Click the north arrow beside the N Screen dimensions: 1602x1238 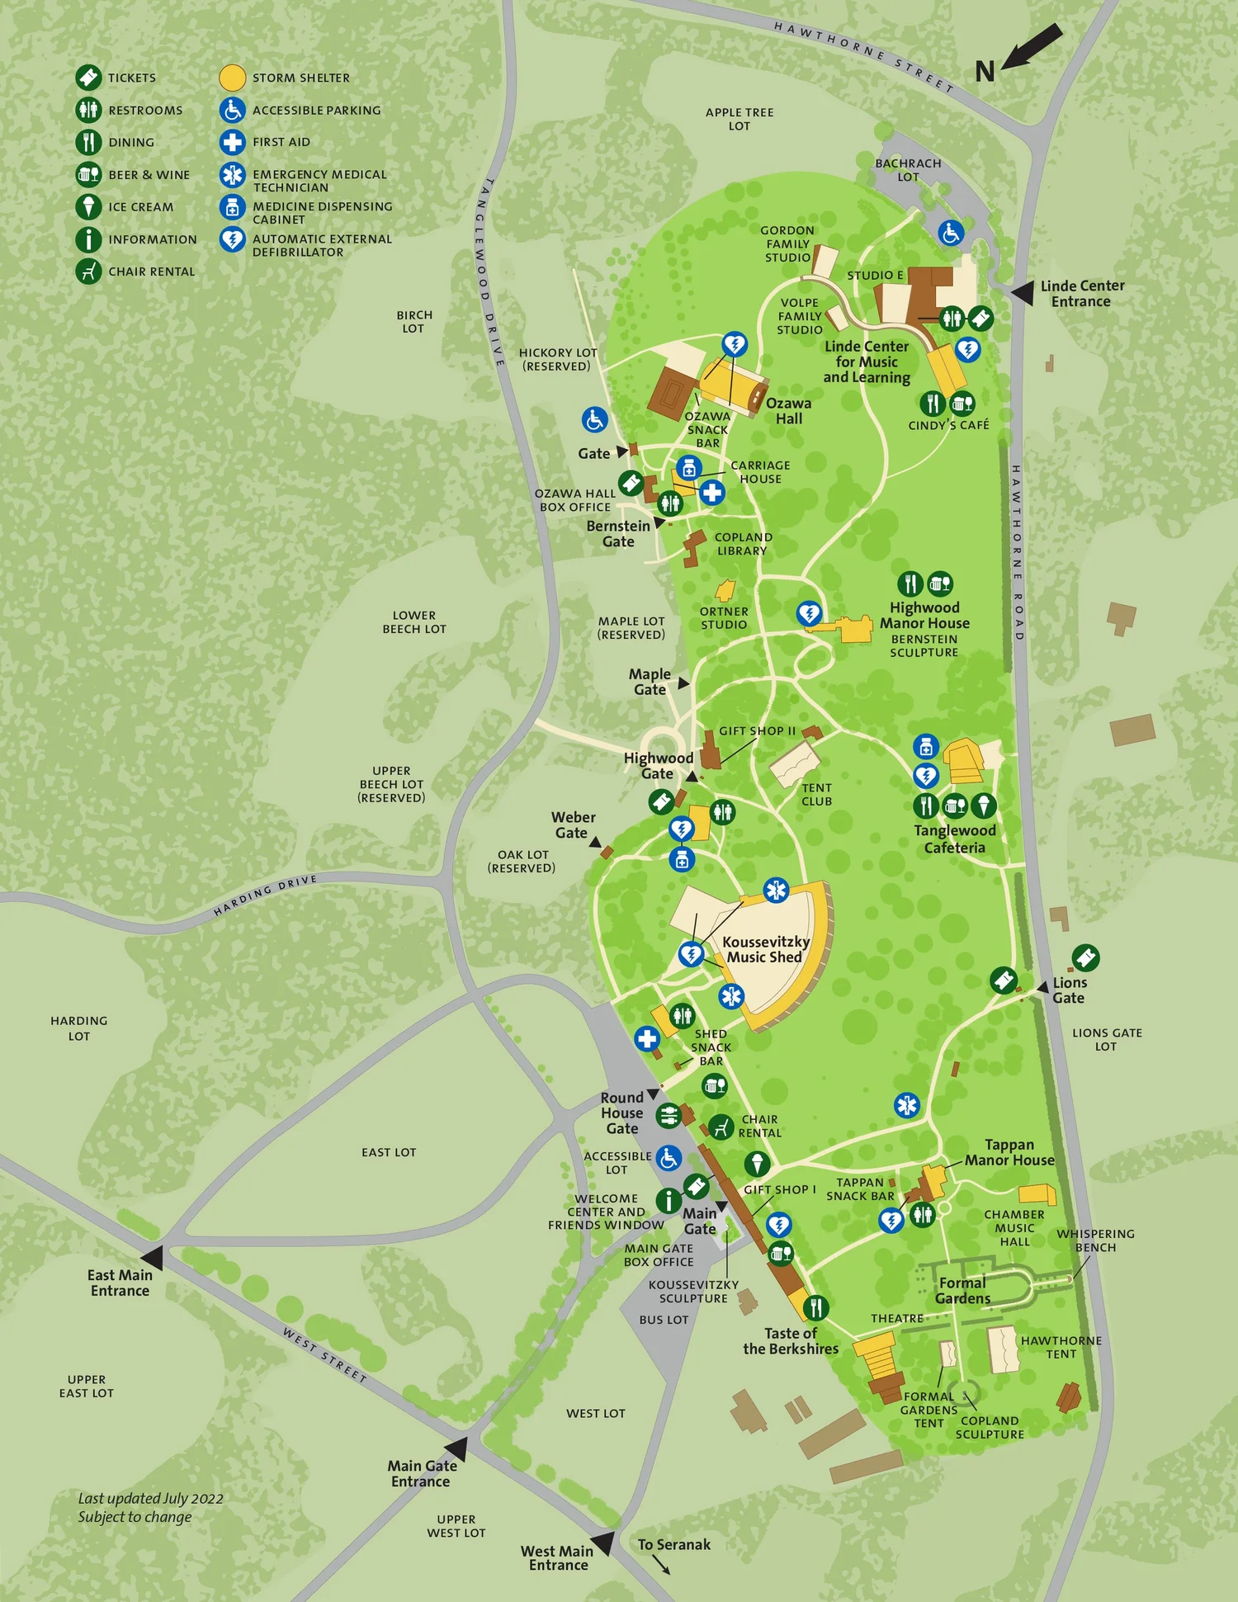[x=1031, y=46]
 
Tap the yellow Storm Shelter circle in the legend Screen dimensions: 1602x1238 [x=233, y=78]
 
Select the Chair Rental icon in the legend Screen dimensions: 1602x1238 [x=88, y=271]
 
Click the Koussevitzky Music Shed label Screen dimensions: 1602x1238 [x=765, y=949]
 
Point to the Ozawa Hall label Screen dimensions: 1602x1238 [x=788, y=410]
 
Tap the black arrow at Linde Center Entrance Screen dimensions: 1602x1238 [x=1023, y=292]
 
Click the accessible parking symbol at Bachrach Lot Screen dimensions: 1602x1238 [x=951, y=233]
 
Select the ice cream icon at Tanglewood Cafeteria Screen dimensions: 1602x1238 [x=983, y=805]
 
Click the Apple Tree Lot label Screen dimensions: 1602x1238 [x=739, y=119]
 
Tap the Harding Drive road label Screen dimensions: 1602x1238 [x=265, y=896]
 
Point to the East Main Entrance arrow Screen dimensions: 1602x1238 [x=153, y=1257]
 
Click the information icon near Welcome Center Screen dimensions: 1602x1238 [x=669, y=1200]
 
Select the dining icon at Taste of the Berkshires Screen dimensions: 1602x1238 [x=815, y=1307]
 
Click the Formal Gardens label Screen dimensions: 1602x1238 [x=962, y=1290]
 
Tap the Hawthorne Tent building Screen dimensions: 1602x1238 [x=1003, y=1349]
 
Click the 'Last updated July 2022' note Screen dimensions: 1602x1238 [x=150, y=1507]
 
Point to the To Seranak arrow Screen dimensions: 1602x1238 [x=661, y=1565]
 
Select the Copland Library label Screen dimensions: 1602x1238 [x=743, y=543]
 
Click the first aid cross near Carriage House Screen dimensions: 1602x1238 [x=712, y=493]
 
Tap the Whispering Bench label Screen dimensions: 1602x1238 [x=1095, y=1240]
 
